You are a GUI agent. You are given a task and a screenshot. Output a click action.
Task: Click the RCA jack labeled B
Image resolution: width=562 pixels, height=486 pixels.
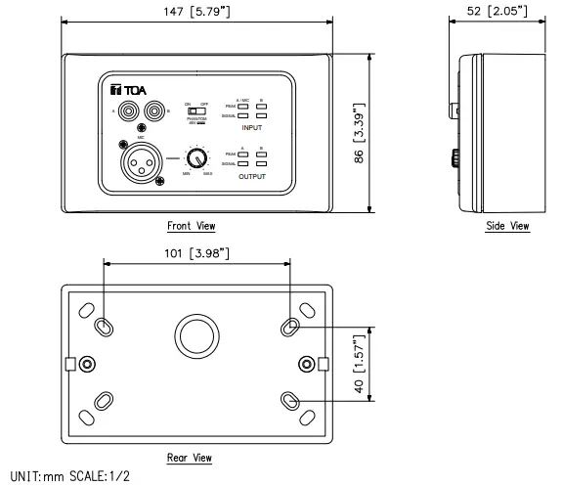151,111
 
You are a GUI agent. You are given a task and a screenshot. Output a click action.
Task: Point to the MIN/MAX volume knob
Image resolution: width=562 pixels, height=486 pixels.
198,157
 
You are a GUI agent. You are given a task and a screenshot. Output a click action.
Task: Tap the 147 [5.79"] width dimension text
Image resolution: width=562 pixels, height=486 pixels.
197,12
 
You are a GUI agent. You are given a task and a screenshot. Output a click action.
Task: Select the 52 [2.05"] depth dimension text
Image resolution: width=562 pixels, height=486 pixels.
496,12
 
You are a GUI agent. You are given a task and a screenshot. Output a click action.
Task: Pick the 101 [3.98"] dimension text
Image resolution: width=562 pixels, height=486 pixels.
196,253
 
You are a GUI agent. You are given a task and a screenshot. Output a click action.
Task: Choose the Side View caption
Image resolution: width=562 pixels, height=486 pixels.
506,226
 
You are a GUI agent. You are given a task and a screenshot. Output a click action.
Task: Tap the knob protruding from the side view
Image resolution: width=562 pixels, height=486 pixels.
456,155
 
